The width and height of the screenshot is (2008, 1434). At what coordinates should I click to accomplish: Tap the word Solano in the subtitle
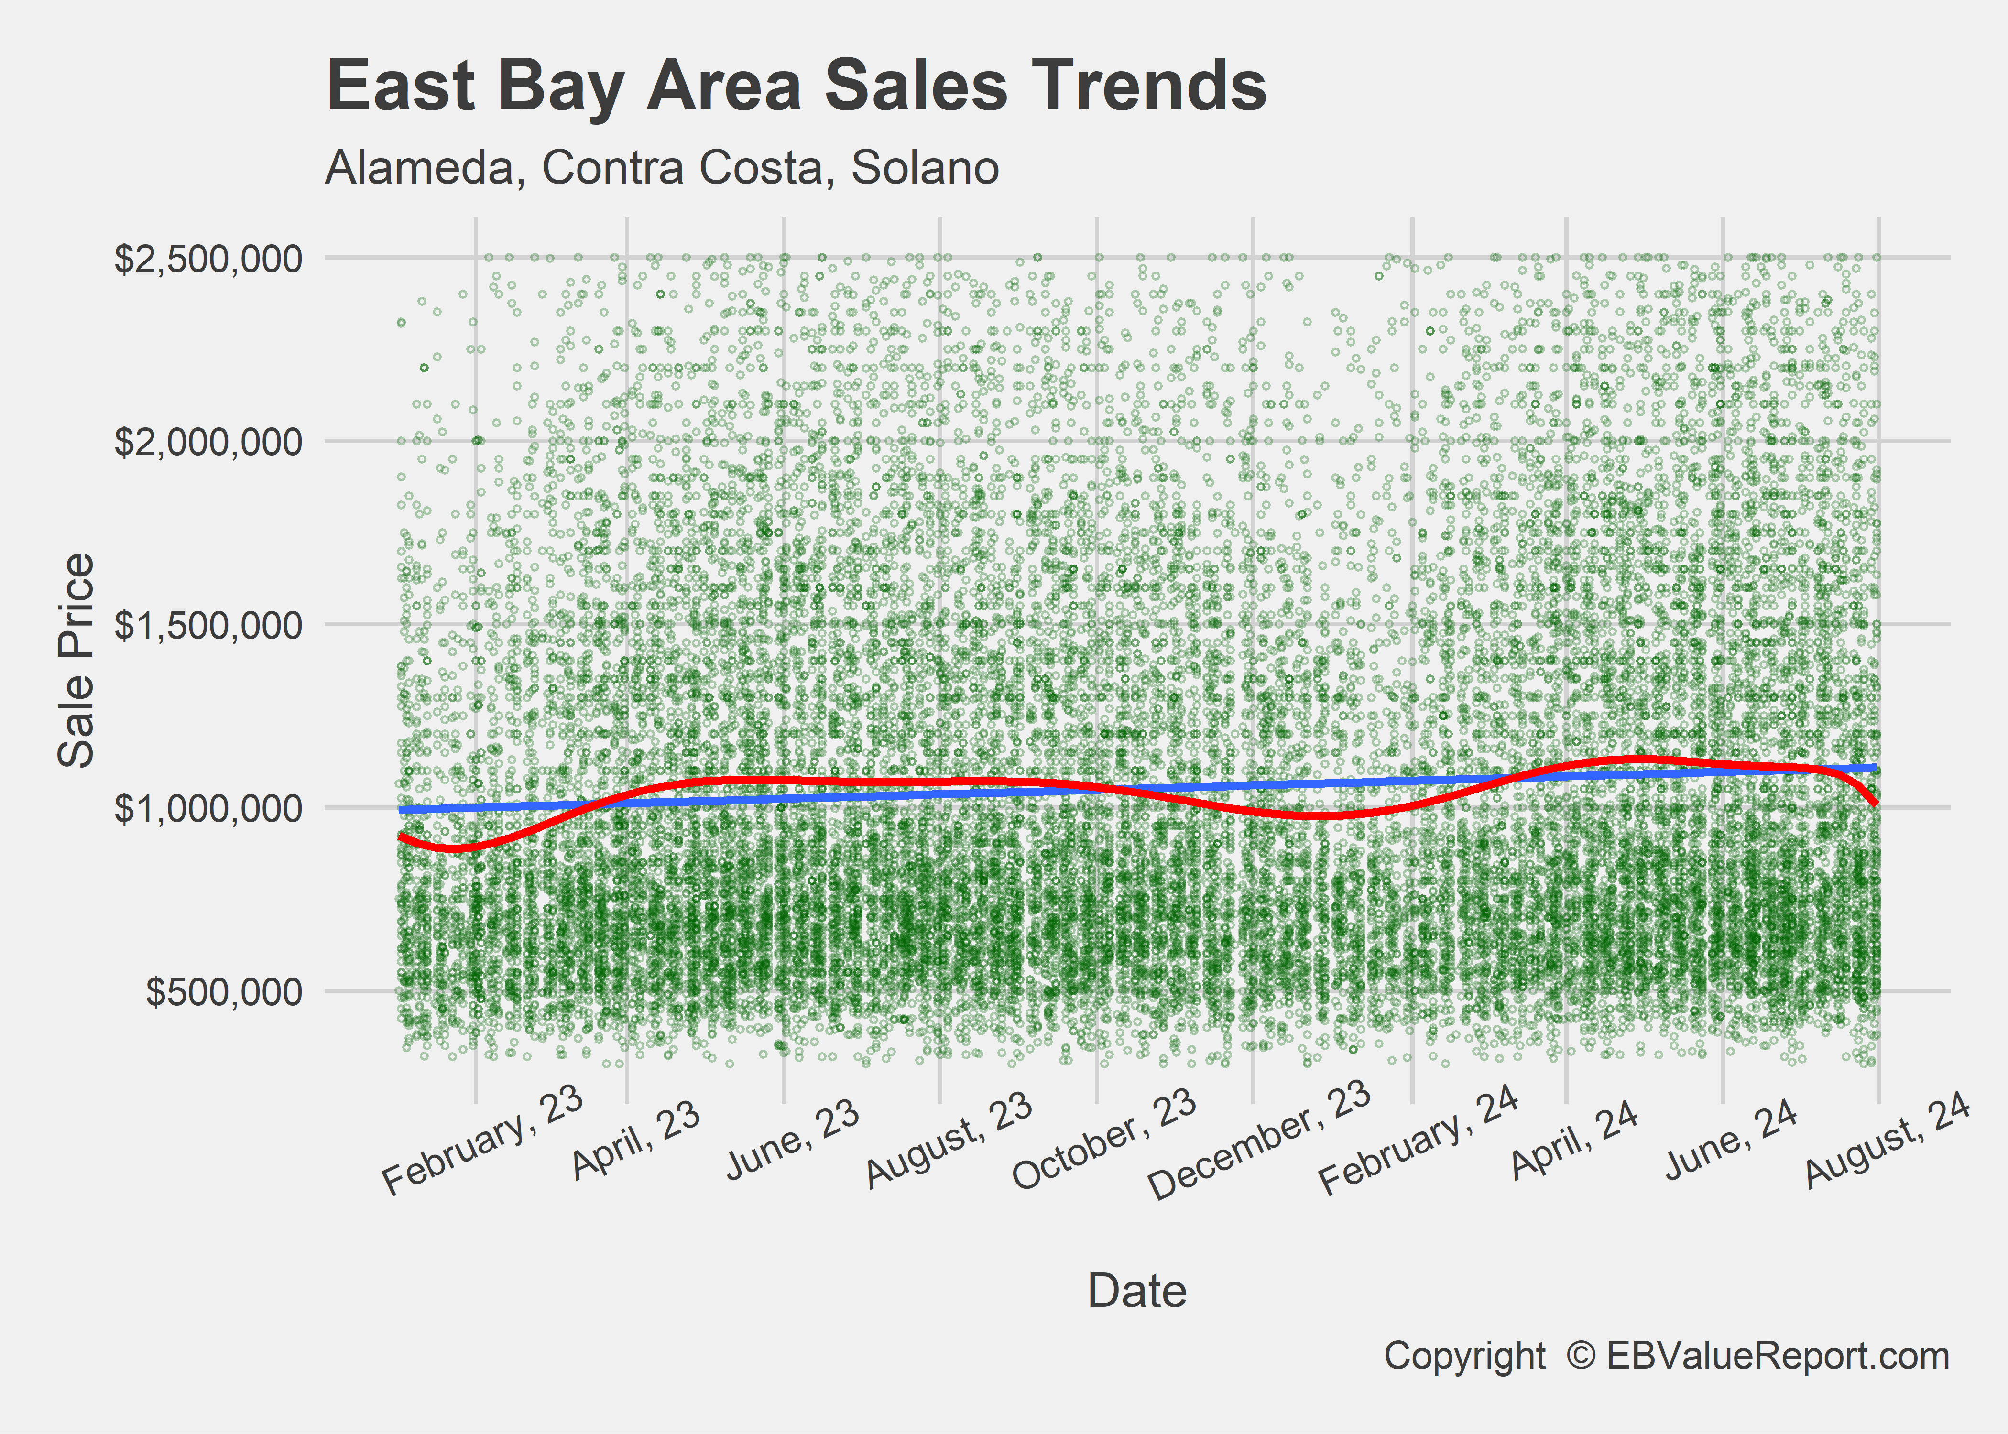pyautogui.click(x=925, y=168)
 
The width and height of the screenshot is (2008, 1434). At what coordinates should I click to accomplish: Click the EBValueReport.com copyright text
pyautogui.click(x=1665, y=1356)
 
